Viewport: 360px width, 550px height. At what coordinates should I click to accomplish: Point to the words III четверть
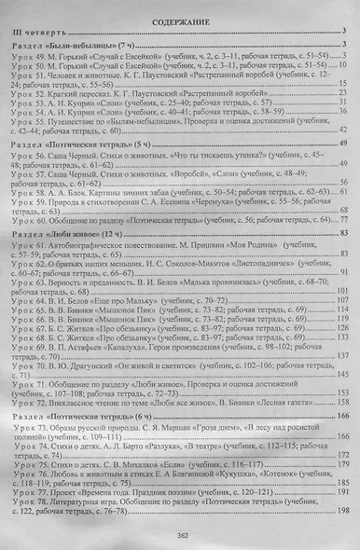coord(34,33)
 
